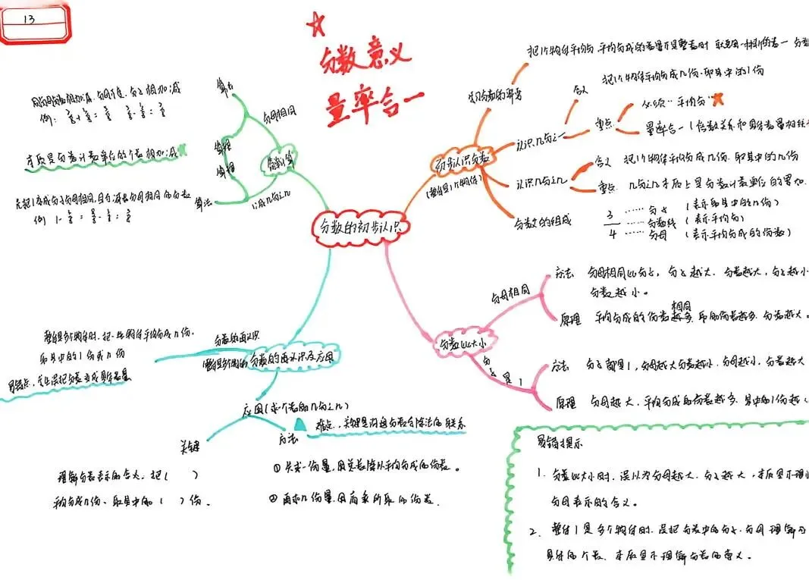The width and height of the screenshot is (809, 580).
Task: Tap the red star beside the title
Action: tap(314, 25)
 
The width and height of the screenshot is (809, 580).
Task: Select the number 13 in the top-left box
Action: tap(30, 18)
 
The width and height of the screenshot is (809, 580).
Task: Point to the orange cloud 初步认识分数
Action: tap(461, 165)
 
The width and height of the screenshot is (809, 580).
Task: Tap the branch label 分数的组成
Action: tap(541, 222)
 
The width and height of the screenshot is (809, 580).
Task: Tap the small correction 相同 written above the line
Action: tap(681, 303)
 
